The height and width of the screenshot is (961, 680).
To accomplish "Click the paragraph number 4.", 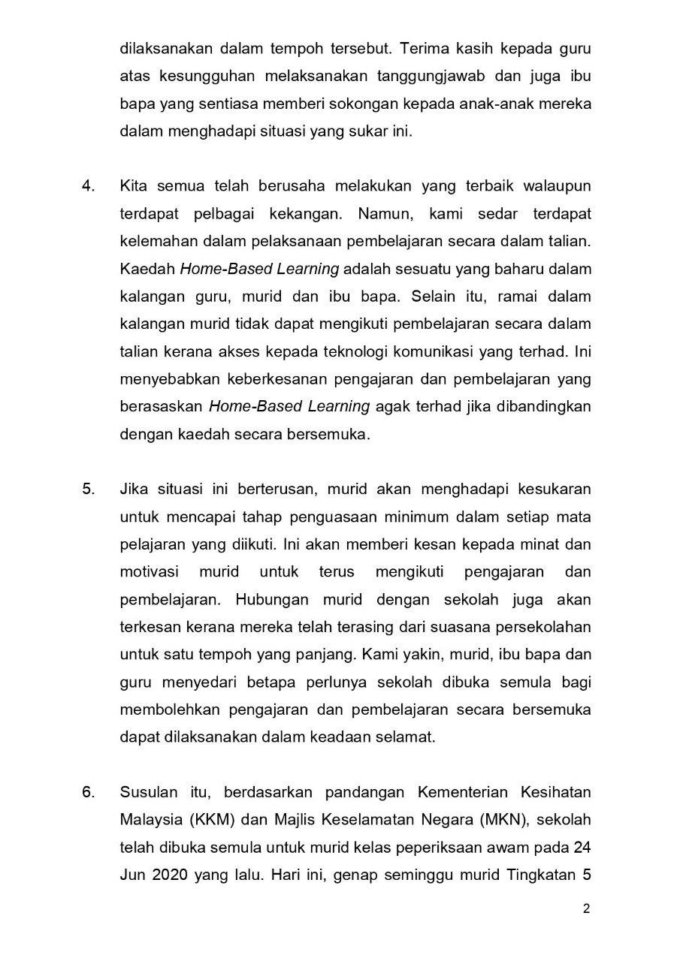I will (88, 186).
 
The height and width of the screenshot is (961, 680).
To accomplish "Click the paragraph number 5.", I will (88, 490).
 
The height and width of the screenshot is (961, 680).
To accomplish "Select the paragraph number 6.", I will (88, 793).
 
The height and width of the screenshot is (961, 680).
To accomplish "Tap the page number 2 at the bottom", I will (586, 909).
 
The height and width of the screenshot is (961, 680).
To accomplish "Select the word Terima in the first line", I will (423, 49).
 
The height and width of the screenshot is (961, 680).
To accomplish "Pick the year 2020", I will (169, 875).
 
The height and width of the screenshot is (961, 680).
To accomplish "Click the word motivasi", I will (149, 572).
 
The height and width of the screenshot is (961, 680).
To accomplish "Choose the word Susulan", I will (149, 793).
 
